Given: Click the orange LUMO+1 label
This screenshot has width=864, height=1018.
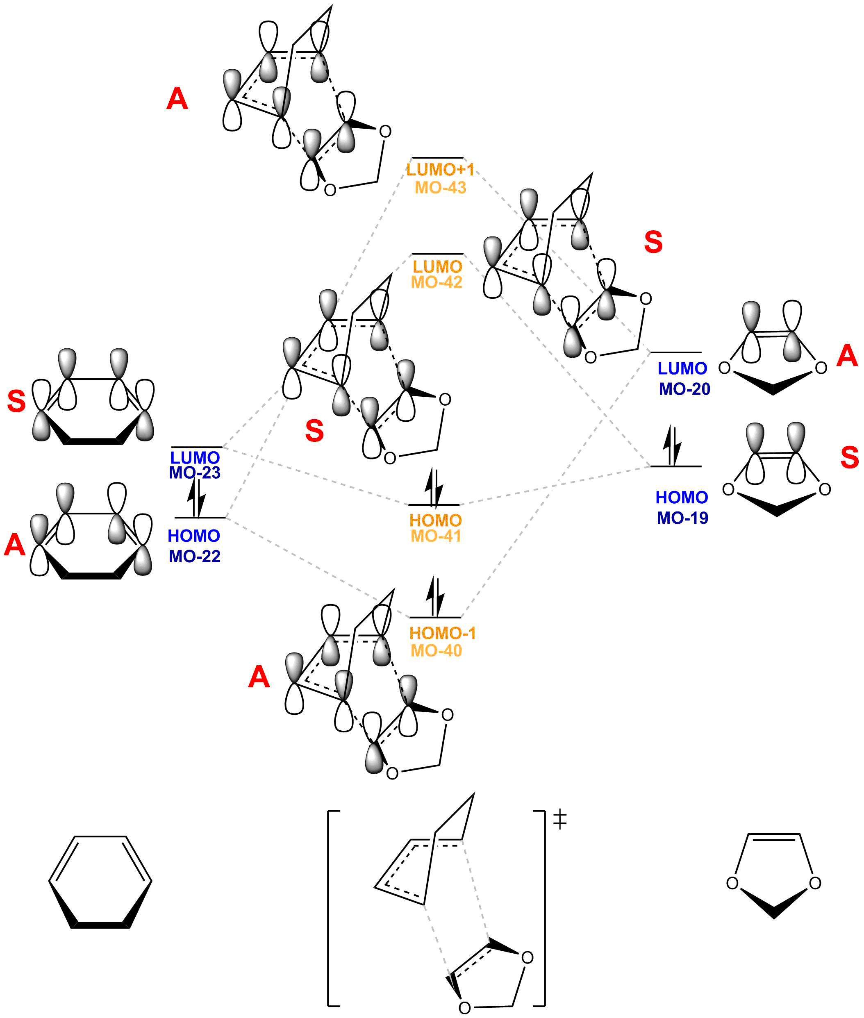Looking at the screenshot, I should [x=440, y=170].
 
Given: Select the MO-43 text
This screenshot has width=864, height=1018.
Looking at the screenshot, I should [x=440, y=188].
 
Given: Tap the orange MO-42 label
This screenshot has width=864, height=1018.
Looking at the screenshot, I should [x=437, y=282].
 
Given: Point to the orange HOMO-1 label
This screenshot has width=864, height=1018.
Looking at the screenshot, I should [x=442, y=633].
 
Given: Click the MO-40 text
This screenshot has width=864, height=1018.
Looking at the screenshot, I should [x=436, y=651].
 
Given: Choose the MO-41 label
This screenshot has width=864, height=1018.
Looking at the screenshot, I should [x=435, y=536].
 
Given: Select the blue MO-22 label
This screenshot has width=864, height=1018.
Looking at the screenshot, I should [x=194, y=556].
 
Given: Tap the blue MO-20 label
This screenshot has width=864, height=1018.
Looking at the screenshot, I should [x=684, y=389].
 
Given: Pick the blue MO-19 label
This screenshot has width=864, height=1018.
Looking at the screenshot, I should [x=682, y=518].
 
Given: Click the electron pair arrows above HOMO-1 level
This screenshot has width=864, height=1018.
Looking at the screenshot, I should [x=434, y=596].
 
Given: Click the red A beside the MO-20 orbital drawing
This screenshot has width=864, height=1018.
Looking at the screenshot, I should [x=847, y=355].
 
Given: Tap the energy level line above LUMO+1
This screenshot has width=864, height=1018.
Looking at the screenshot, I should [x=437, y=158].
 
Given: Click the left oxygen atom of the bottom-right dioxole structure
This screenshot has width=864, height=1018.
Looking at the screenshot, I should [x=732, y=883].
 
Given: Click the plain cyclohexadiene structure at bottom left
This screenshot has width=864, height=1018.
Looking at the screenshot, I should [x=100, y=882].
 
